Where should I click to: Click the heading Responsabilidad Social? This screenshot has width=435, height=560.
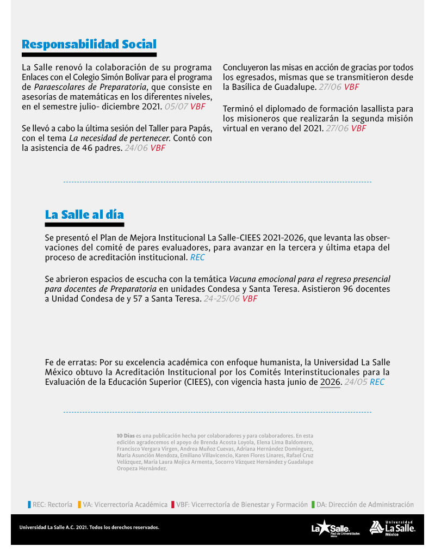click(x=89, y=44)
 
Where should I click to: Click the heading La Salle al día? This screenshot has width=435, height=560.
click(x=84, y=214)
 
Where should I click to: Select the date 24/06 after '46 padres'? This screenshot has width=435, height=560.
click(x=135, y=147)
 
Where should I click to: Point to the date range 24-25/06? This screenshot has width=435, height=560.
click(x=221, y=299)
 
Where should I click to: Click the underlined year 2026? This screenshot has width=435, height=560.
click(x=330, y=382)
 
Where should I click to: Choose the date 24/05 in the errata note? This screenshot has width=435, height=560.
click(x=356, y=382)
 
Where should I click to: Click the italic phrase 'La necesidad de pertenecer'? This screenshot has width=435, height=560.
click(x=120, y=138)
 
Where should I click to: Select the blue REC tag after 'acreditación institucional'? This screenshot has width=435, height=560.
click(x=197, y=257)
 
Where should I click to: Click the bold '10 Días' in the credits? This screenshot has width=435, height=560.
click(x=126, y=436)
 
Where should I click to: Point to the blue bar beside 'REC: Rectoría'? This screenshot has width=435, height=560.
click(x=29, y=504)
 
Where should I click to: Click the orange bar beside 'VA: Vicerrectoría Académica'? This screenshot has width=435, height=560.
click(x=79, y=504)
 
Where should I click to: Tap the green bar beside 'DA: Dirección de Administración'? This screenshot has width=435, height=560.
click(x=313, y=504)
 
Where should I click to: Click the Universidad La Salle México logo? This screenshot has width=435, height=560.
click(x=392, y=528)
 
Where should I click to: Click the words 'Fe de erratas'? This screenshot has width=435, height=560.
click(x=66, y=362)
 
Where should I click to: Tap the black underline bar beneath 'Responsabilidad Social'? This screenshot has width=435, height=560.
click(x=89, y=55)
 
